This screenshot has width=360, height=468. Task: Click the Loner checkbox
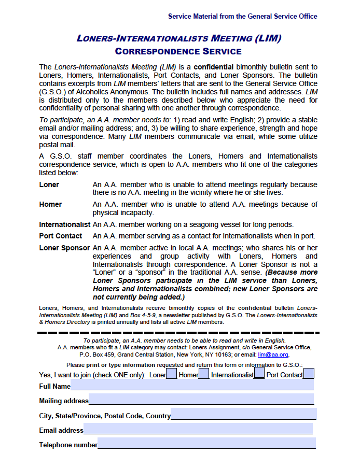coord(171,373)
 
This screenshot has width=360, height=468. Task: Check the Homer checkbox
coord(204,373)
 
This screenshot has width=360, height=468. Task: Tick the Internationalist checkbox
coord(259,373)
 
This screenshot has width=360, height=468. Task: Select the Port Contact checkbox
coord(309,373)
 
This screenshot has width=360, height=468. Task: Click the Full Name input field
coord(192,385)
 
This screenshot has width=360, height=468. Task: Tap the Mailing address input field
coord(201,400)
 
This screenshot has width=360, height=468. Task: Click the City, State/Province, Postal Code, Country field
coord(244,414)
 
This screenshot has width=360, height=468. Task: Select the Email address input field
coord(198,429)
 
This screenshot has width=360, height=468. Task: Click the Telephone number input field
coord(206,444)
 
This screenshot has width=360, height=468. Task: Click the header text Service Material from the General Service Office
coord(242,16)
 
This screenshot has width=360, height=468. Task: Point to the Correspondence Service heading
coord(178,51)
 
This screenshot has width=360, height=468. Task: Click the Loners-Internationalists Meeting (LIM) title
coord(178,38)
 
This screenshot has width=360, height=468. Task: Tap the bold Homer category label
coord(50,204)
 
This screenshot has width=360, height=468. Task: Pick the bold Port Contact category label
coord(61,236)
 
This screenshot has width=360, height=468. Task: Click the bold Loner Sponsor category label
coord(64,248)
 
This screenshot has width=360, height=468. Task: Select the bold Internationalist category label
coord(64,224)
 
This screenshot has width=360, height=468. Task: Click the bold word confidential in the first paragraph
coord(214,67)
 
